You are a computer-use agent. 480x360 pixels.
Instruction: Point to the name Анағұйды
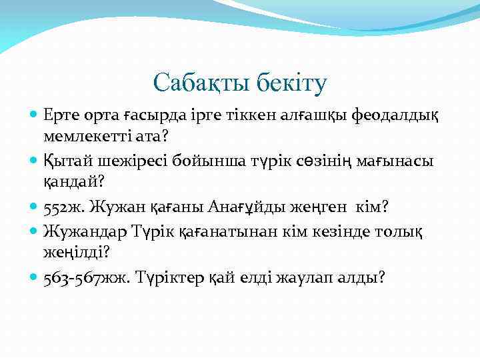tap(248, 207)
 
